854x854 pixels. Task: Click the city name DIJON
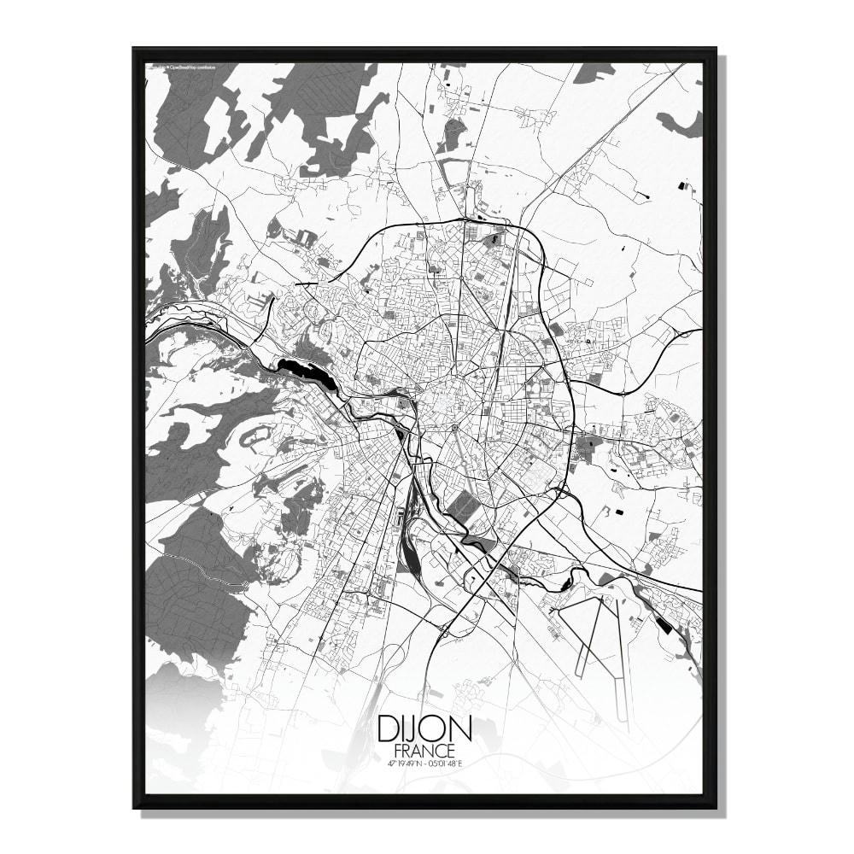point(424,730)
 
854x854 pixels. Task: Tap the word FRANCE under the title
point(424,750)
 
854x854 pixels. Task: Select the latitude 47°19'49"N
point(402,763)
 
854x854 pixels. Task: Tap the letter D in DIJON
point(388,730)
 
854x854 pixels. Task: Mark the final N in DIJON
point(459,730)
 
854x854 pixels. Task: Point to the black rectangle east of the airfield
point(664,624)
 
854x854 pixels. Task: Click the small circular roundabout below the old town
point(455,428)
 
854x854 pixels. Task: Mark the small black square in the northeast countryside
point(681,184)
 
